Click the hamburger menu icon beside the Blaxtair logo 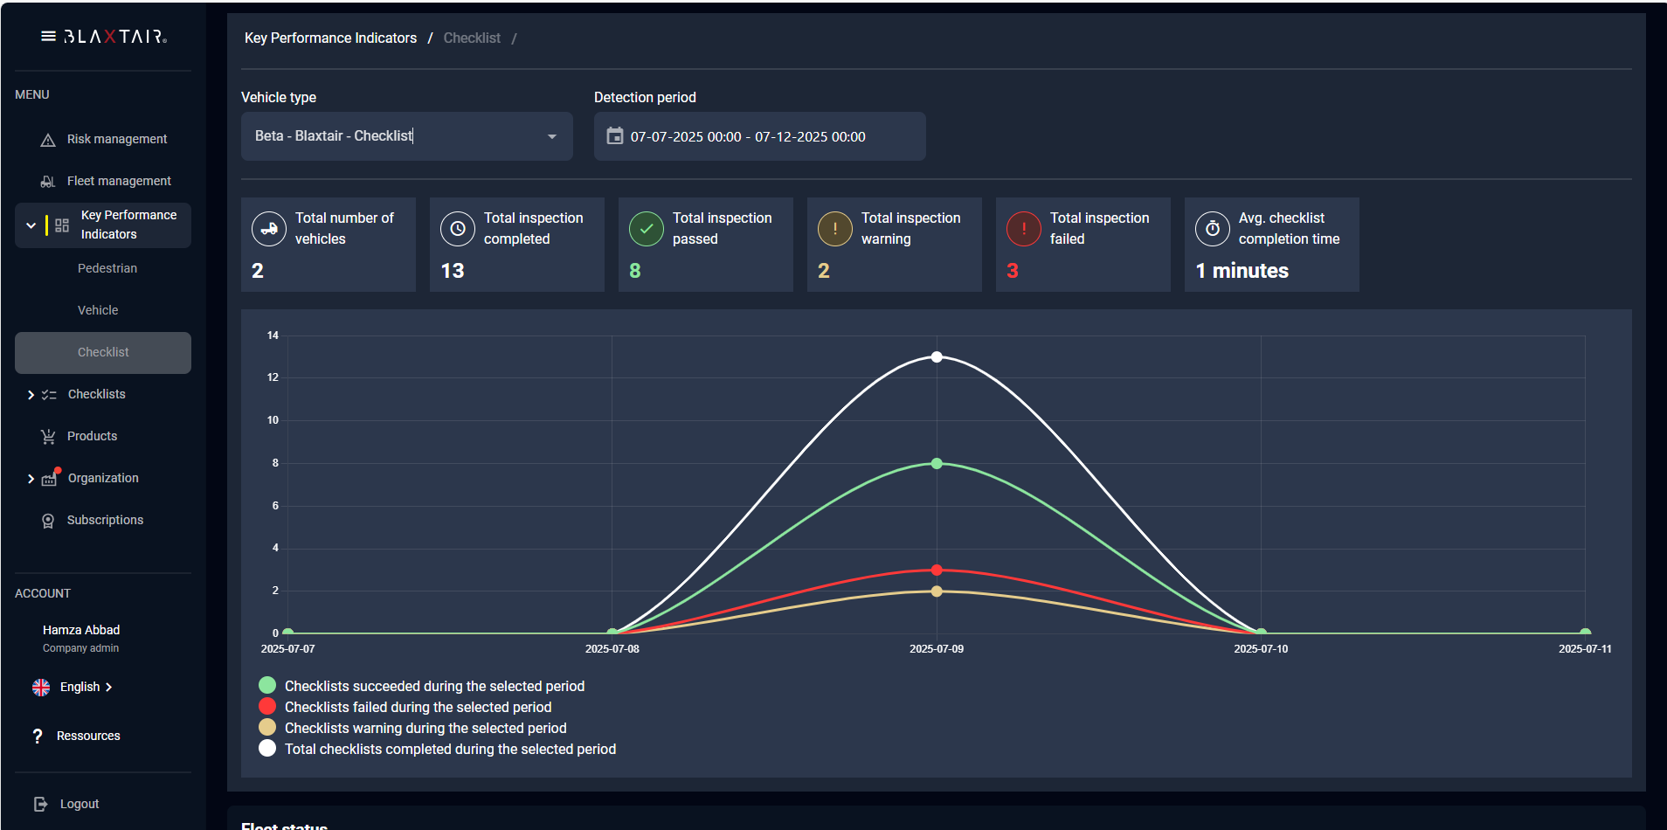click(x=48, y=37)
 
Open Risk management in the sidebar click(x=116, y=139)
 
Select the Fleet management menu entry click(x=119, y=181)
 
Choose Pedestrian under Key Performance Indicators click(x=107, y=268)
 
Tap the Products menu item click(x=92, y=436)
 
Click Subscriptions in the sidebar click(x=105, y=520)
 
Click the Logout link click(x=79, y=804)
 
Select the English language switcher click(x=80, y=687)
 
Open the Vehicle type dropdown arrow click(x=552, y=136)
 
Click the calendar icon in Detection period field click(x=615, y=136)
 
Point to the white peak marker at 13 click(x=937, y=356)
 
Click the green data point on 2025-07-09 click(x=937, y=463)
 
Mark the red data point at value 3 click(x=937, y=570)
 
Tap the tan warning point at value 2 click(x=937, y=591)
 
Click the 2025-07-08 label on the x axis click(x=612, y=649)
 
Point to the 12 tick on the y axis click(x=273, y=377)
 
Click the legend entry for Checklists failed click(x=418, y=707)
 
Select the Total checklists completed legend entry click(x=450, y=749)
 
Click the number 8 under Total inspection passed click(x=635, y=271)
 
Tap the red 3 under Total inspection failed click(x=1013, y=271)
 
